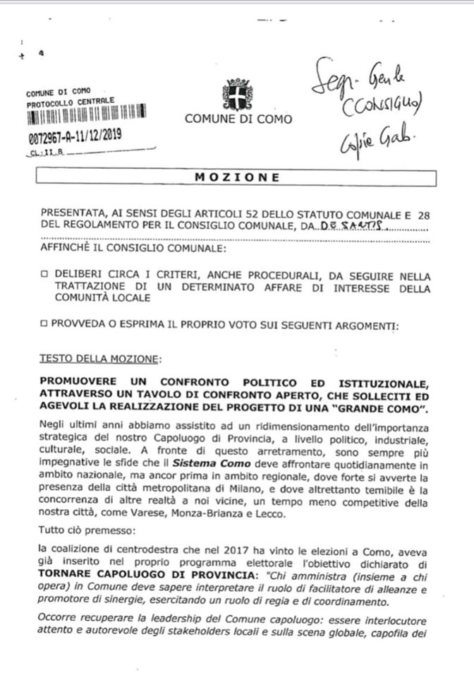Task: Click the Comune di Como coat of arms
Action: (237, 93)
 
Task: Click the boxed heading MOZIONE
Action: (237, 178)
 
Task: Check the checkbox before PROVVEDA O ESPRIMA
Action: (44, 326)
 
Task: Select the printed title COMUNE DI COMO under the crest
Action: (238, 119)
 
